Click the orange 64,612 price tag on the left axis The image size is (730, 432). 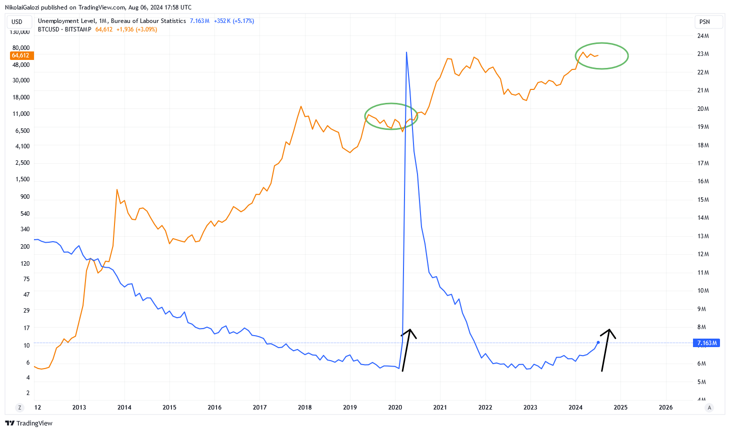[20, 55]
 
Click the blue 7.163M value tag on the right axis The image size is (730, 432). [706, 343]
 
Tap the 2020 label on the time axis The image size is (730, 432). [395, 408]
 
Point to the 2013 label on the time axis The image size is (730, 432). [79, 408]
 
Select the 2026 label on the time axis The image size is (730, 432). [665, 408]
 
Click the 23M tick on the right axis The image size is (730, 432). [703, 54]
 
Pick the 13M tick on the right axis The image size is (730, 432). [703, 236]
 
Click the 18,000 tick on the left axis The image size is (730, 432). [21, 97]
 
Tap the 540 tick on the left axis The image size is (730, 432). [24, 214]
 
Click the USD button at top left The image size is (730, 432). [17, 22]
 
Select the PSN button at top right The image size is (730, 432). [704, 22]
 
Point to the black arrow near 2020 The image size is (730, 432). [406, 350]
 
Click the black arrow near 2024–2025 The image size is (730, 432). [605, 350]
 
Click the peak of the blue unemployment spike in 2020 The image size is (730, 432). [406, 52]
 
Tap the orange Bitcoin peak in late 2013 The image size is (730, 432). [117, 190]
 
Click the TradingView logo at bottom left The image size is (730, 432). [28, 423]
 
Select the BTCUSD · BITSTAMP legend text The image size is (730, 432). [64, 29]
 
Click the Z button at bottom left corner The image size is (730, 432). [20, 408]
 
